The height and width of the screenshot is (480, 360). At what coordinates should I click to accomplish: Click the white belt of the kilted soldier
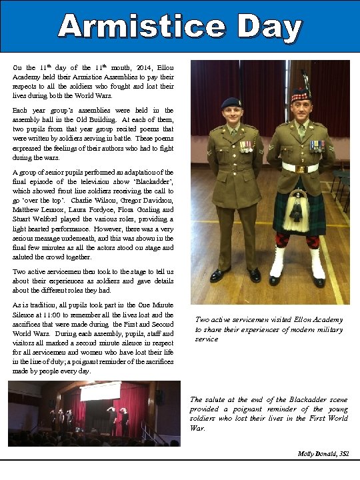pos(299,167)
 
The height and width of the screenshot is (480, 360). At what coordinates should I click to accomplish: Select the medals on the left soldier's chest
pos(246,146)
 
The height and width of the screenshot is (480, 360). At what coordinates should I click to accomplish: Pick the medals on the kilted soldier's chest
pos(317,146)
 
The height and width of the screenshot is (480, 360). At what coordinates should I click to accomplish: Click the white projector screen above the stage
pos(99,391)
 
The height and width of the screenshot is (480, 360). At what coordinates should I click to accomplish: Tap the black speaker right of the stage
pos(161,398)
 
